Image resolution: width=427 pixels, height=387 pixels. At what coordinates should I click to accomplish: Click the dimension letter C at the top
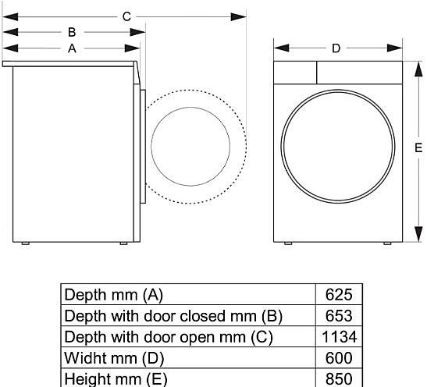pyautogui.click(x=126, y=17)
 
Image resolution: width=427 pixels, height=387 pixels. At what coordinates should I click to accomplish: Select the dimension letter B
pyautogui.click(x=72, y=33)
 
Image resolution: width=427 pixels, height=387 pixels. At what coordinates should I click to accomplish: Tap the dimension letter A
pyautogui.click(x=72, y=48)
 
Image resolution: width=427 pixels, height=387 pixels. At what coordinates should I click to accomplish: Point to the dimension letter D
pyautogui.click(x=336, y=48)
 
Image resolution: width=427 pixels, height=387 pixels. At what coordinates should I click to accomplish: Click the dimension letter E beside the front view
pyautogui.click(x=418, y=148)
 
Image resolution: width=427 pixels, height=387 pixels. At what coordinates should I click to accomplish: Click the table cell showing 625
pyautogui.click(x=339, y=294)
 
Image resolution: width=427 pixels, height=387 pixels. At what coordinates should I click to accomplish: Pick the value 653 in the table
pyautogui.click(x=339, y=316)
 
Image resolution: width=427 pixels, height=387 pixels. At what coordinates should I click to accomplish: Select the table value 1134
pyautogui.click(x=340, y=336)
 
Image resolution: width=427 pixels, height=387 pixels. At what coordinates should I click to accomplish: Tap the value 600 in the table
pyautogui.click(x=339, y=358)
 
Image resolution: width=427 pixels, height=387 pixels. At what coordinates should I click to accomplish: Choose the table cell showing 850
pyautogui.click(x=339, y=378)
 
